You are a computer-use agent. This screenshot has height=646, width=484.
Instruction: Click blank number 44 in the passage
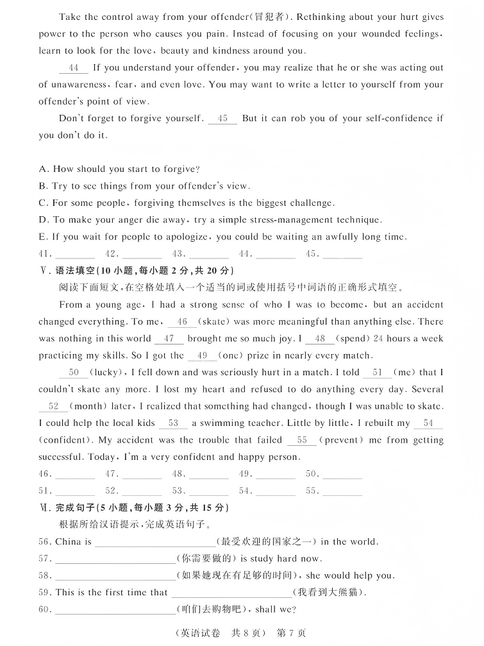coord(73,68)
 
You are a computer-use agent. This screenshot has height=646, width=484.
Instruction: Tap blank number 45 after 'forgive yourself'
coord(222,119)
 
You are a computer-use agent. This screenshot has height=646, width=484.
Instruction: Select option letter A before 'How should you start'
coord(44,169)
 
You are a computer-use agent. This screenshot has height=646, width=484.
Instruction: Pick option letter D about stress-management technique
coord(44,220)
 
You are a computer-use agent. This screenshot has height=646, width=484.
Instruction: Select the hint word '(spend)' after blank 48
coord(351,339)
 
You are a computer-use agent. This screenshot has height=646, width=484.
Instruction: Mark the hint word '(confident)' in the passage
coord(65,440)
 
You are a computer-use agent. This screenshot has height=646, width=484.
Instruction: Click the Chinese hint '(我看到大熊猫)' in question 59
coord(328,593)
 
